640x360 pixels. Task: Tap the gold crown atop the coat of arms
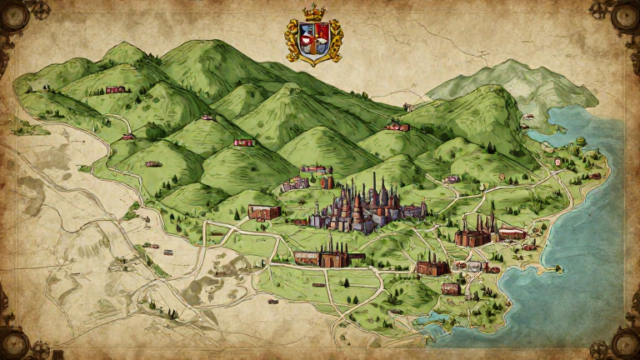tap(314, 12)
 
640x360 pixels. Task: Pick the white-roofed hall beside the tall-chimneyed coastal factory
tap(511, 234)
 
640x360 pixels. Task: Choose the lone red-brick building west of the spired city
tap(264, 212)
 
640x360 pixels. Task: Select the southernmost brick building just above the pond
tap(451, 288)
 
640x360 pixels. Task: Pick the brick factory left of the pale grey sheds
tap(432, 267)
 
